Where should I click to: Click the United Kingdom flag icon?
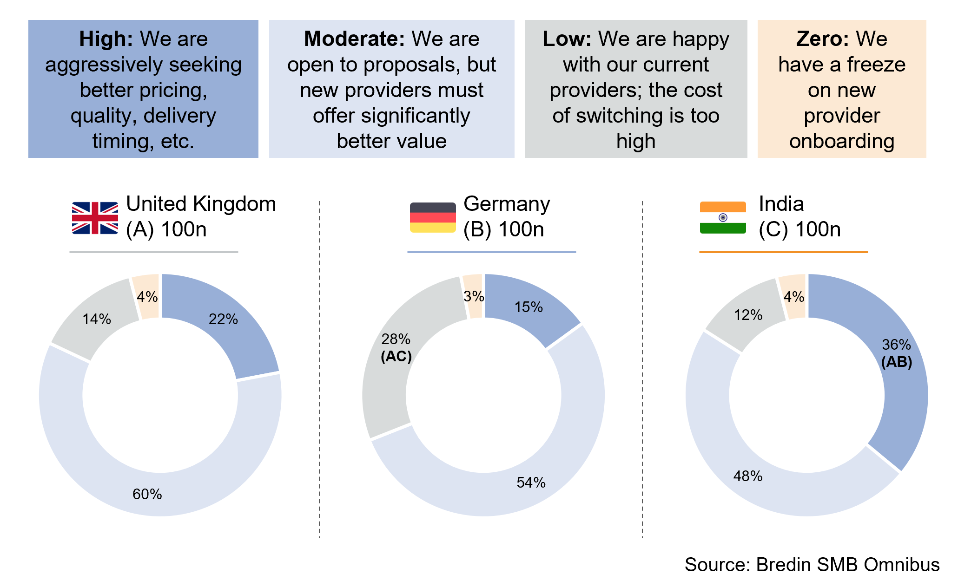(95, 218)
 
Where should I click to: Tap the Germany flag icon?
(432, 217)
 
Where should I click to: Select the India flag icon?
(723, 217)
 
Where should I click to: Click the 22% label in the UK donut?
(223, 319)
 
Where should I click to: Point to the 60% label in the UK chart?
(147, 494)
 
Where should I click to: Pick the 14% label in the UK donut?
(97, 319)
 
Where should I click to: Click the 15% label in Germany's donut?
(529, 307)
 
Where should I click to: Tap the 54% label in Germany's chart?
(531, 483)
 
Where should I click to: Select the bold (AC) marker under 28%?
(396, 356)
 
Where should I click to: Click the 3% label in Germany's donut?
(474, 296)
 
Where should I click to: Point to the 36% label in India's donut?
(897, 345)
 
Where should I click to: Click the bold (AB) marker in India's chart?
(897, 362)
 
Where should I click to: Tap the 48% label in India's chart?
(748, 476)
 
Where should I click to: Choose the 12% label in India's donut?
(748, 315)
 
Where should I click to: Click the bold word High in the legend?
(106, 39)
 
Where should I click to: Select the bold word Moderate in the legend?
(354, 39)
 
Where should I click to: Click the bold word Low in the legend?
(567, 39)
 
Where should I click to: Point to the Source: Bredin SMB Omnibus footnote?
(812, 565)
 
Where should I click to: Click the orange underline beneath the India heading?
(783, 252)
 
